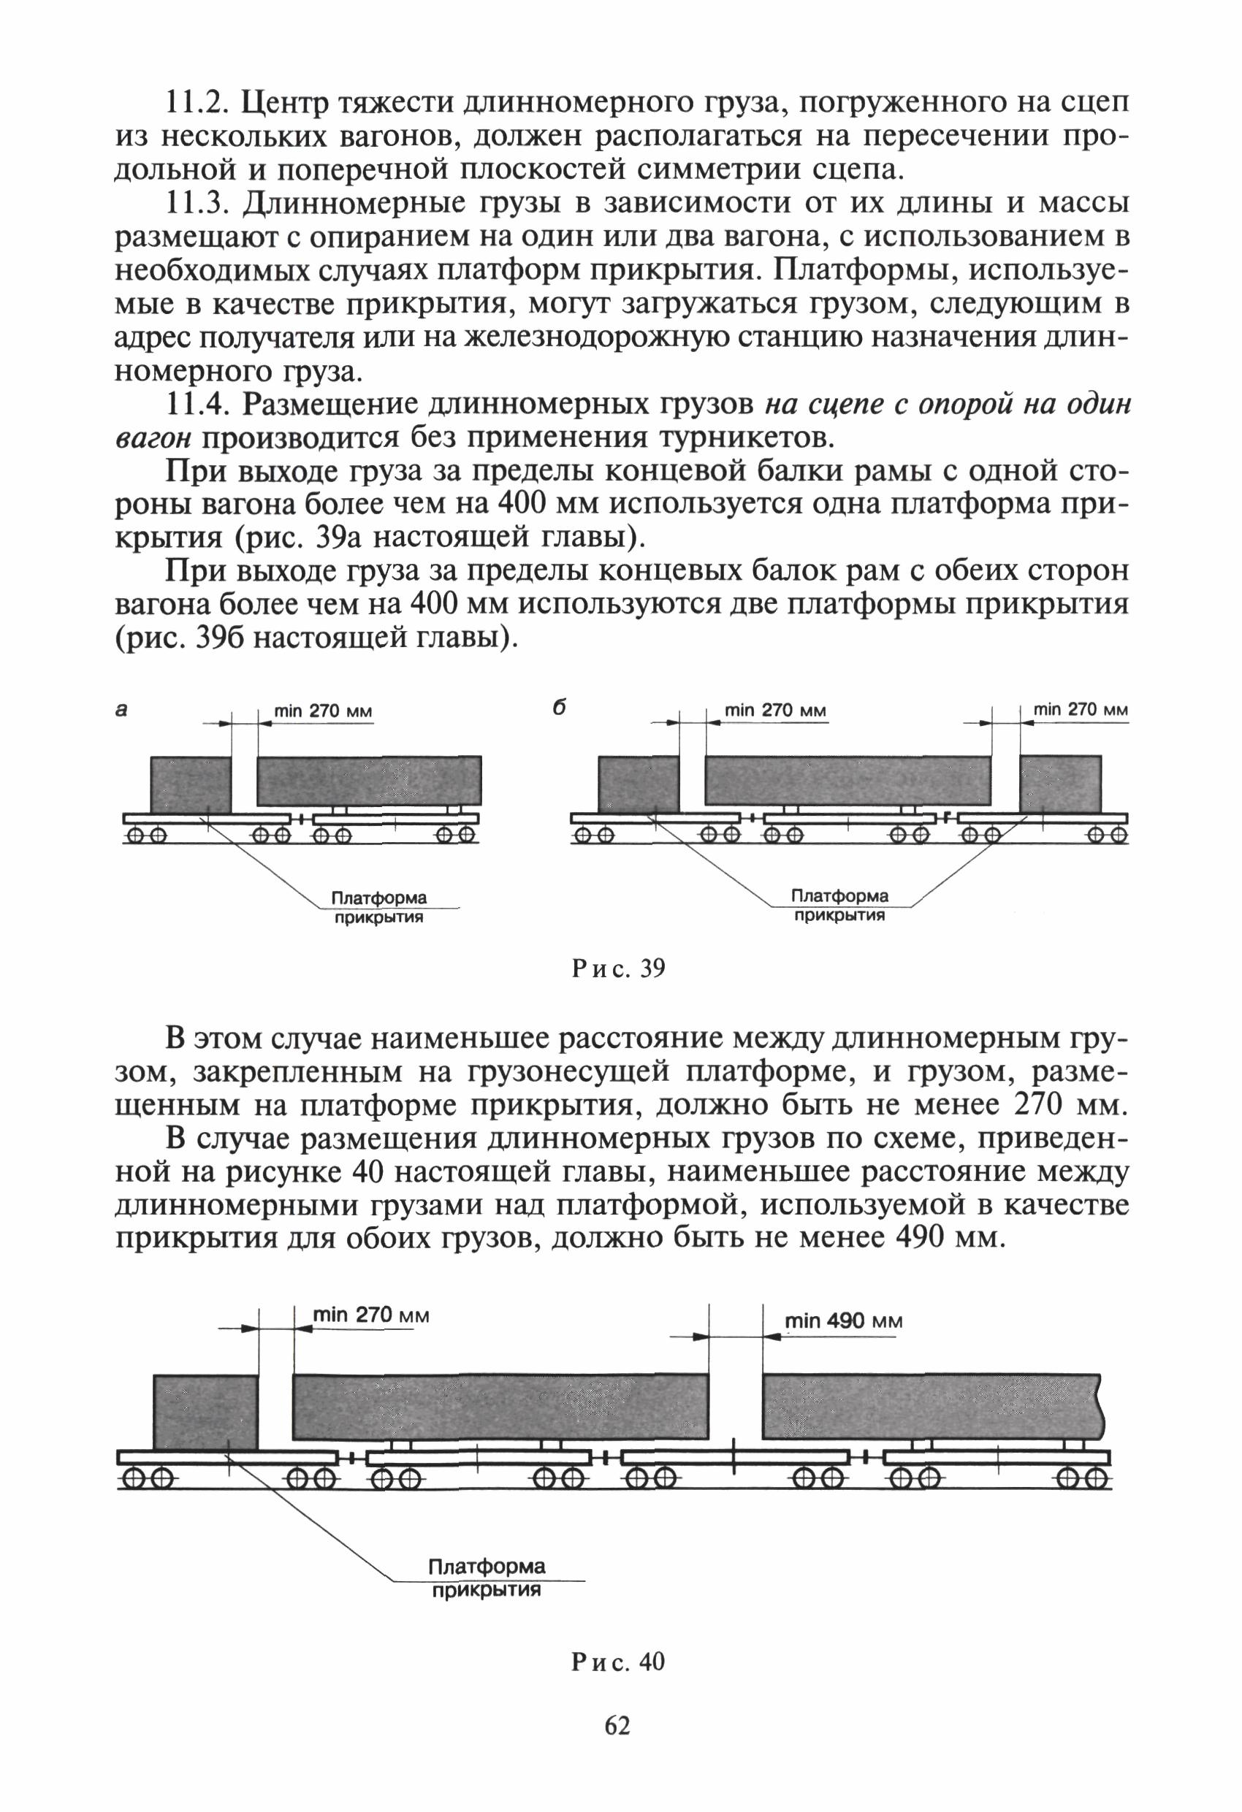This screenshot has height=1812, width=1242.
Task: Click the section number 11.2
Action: [196, 103]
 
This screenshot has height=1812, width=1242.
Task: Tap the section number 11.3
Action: [196, 204]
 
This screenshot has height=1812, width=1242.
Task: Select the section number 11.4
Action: [196, 405]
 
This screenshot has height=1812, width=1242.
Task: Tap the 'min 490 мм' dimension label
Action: [843, 1320]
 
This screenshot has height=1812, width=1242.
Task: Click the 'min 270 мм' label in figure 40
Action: [370, 1315]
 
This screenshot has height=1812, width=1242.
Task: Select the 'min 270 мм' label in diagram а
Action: [323, 711]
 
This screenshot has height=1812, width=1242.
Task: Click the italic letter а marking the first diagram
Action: [121, 709]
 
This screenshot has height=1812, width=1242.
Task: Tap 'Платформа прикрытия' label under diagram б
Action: [839, 905]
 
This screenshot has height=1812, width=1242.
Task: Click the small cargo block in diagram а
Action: [191, 784]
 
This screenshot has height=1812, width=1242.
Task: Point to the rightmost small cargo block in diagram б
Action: [1059, 784]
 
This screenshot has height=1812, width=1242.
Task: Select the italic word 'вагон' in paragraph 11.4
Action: [153, 438]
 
